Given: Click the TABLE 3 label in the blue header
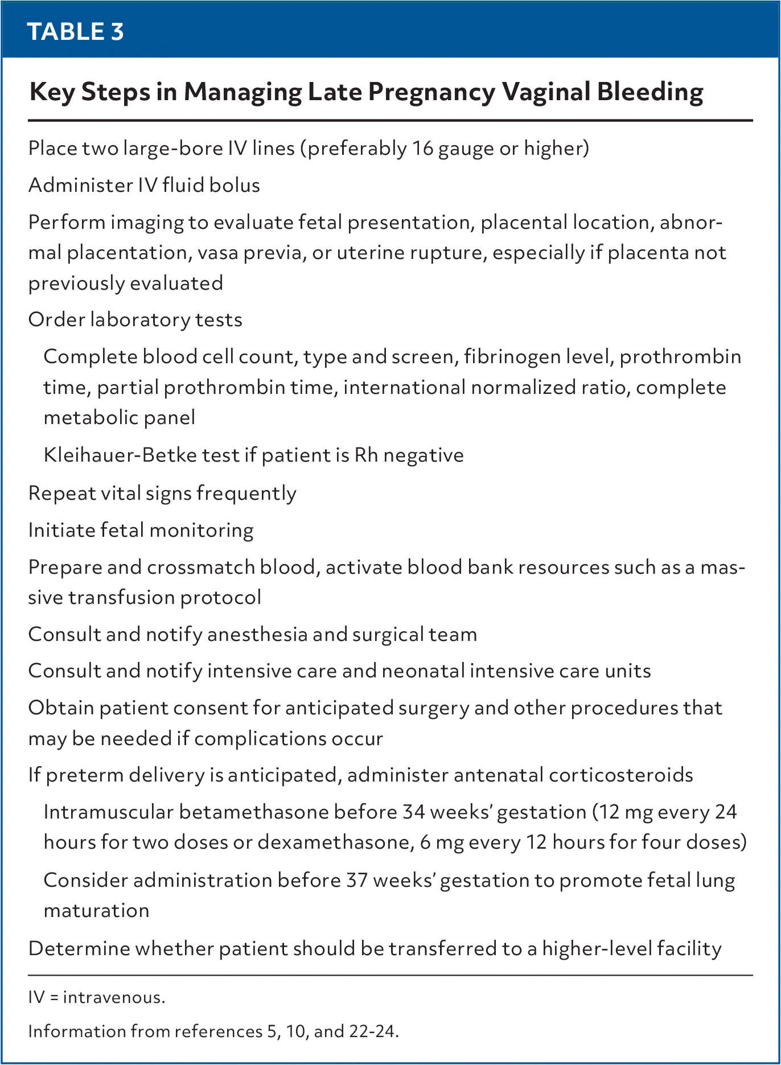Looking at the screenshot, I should coord(75,32).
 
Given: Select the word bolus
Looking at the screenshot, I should coord(235,186).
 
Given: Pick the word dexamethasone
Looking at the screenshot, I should coord(335,842).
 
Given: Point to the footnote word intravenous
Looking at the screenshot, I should coord(114,998).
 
